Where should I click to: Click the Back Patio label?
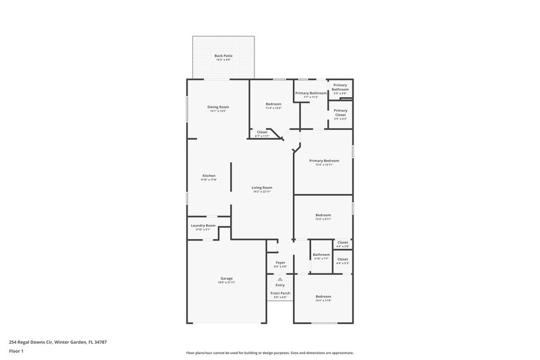(x=223, y=56)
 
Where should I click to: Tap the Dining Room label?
(x=218, y=107)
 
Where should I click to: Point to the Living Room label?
(x=262, y=188)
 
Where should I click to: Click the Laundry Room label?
(x=202, y=226)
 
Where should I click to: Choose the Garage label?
(x=226, y=278)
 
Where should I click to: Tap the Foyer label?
(x=280, y=262)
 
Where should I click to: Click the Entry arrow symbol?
(x=280, y=278)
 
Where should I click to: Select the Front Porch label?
(x=280, y=293)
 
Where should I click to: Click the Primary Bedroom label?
(x=324, y=161)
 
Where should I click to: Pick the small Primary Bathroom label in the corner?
(x=340, y=87)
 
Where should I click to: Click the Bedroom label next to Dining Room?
(x=273, y=104)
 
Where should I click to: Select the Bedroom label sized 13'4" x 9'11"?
(x=323, y=215)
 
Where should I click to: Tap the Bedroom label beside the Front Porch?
(x=323, y=297)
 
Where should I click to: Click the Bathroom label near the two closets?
(x=321, y=255)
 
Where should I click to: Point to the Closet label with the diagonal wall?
(x=262, y=132)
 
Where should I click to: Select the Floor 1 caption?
(x=16, y=352)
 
